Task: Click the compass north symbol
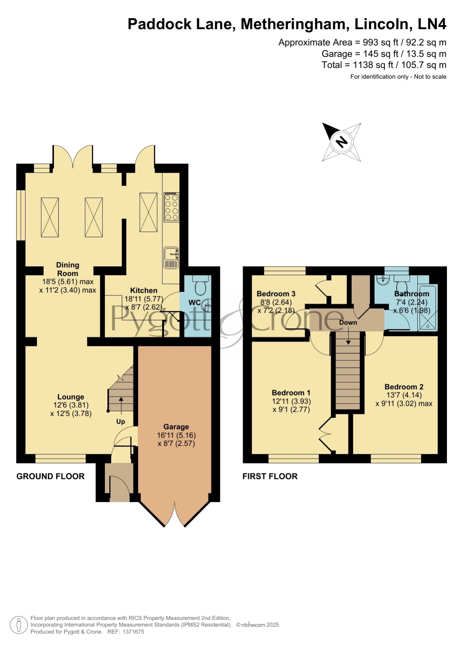[x=342, y=142]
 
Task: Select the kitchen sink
[x=171, y=258]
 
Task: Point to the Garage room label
[x=176, y=427]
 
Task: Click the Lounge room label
[x=70, y=397]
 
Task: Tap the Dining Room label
[x=68, y=269]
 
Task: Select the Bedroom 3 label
[x=276, y=294]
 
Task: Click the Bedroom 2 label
[x=404, y=387]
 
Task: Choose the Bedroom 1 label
[x=291, y=393]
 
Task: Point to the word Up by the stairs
[x=121, y=422]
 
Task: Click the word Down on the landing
[x=348, y=322]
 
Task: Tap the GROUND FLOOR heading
[x=51, y=476]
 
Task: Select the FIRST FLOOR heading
[x=270, y=476]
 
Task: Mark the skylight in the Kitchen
[x=148, y=212]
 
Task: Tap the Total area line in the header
[x=384, y=65]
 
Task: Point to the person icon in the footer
[x=18, y=625]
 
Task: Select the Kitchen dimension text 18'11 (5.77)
[x=144, y=299]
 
